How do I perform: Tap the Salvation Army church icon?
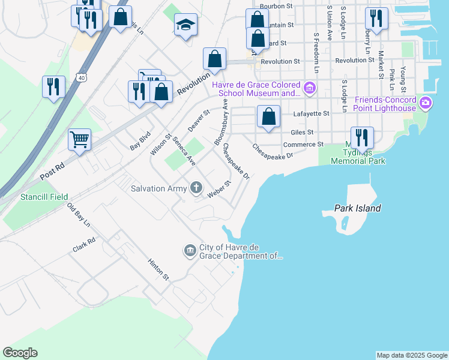tap(196, 188)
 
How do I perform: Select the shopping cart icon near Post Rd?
tap(79, 140)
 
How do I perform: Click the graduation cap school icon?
tap(185, 25)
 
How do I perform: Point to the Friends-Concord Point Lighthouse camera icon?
tap(426, 103)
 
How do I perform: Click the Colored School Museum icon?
tap(310, 89)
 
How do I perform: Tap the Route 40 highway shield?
tap(81, 77)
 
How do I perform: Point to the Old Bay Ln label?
tap(78, 216)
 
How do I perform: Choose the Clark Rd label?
tap(84, 246)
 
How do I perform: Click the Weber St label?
tap(219, 190)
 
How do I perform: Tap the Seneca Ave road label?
tap(184, 151)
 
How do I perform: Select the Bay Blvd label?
tap(139, 142)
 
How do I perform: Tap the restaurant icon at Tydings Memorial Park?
tap(362, 137)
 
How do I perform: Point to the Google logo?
tap(20, 353)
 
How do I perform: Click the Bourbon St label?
tap(280, 6)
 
